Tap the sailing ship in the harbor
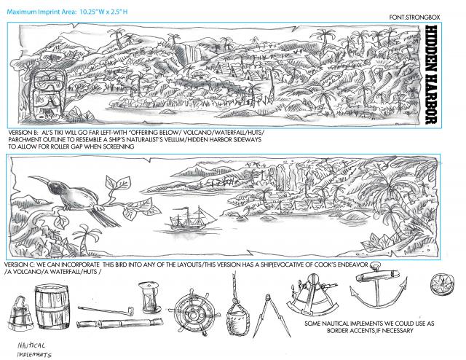coord(191,219)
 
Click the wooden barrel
coord(52,306)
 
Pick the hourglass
coord(150,297)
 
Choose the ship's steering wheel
coord(194,313)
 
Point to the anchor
coord(378,286)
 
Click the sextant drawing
coord(312,295)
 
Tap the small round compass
coord(442,284)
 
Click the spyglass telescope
coord(119,323)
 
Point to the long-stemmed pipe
coord(106,310)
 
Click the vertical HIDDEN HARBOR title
coord(431,74)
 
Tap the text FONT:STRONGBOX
coord(414,17)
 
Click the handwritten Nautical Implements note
coord(34,350)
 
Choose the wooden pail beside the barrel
coord(20,313)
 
